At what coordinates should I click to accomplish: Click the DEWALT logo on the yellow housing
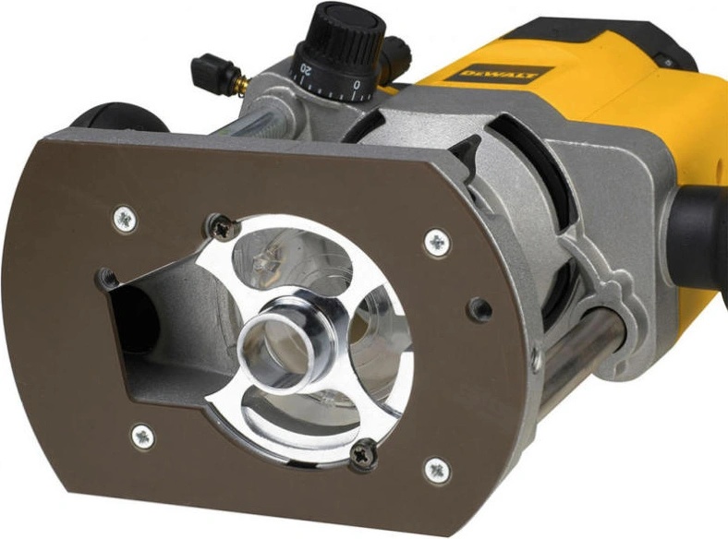point(499,75)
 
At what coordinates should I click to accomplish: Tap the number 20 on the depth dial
point(306,69)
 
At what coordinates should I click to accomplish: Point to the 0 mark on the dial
point(357,85)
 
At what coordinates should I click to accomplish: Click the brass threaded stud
point(242,86)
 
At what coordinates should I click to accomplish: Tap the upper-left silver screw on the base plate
point(126,220)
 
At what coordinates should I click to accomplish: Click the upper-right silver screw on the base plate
point(437,243)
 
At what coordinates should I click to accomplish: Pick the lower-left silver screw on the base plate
point(142,437)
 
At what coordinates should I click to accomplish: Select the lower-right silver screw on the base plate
point(437,471)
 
